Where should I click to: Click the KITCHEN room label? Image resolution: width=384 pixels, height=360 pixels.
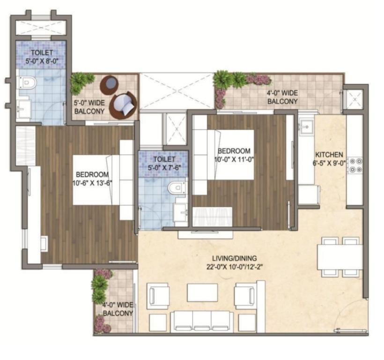(x=329, y=155)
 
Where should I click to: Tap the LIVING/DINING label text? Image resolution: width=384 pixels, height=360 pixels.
(x=234, y=258)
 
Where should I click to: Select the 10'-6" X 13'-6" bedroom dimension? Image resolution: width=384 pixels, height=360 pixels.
(x=92, y=183)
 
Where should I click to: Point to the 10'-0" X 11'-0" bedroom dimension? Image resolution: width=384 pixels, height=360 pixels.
(x=234, y=159)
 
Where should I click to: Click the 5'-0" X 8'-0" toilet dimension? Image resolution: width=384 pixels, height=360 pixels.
(x=42, y=61)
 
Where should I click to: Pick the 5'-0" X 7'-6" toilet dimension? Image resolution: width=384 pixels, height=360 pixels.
(x=164, y=168)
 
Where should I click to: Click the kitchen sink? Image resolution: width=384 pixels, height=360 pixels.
(x=306, y=127)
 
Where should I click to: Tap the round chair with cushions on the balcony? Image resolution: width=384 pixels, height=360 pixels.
(x=123, y=105)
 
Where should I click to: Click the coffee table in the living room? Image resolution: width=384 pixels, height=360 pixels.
(x=202, y=293)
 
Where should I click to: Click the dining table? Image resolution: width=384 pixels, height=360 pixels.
(x=340, y=257)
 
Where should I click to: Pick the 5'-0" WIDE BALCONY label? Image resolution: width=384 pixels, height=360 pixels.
(x=89, y=107)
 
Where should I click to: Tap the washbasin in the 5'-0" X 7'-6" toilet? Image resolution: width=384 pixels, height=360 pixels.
(x=180, y=212)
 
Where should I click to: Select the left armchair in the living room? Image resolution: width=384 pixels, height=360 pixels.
(x=158, y=296)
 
